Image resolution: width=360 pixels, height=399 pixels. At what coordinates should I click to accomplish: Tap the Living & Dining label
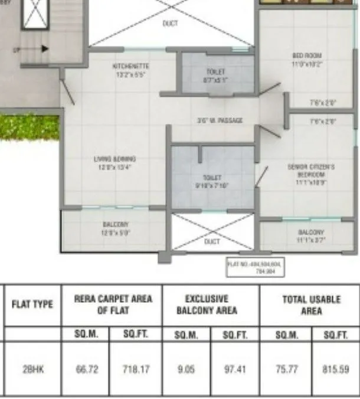click(x=115, y=162)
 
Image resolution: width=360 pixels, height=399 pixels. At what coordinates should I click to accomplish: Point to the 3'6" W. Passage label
click(x=220, y=120)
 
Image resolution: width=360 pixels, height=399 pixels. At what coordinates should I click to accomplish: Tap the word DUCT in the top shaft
click(x=170, y=24)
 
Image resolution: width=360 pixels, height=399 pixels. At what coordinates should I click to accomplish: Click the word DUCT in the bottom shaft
click(x=212, y=242)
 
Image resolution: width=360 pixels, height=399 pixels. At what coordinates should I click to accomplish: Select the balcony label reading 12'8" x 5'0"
click(x=115, y=228)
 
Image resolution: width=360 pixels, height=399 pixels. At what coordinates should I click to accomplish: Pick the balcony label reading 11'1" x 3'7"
click(x=311, y=236)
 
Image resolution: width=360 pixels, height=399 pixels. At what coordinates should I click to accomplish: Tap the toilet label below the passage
click(x=212, y=180)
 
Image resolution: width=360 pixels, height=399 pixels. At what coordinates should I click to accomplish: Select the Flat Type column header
click(x=32, y=305)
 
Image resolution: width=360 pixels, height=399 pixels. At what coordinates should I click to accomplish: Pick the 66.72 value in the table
click(x=87, y=369)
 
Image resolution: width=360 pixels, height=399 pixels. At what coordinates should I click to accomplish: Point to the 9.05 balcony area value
click(x=186, y=369)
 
